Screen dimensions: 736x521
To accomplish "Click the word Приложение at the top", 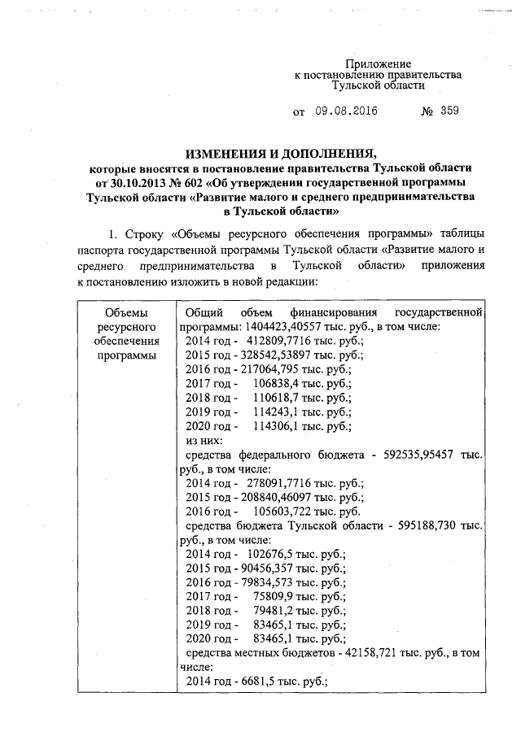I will (x=379, y=63).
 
